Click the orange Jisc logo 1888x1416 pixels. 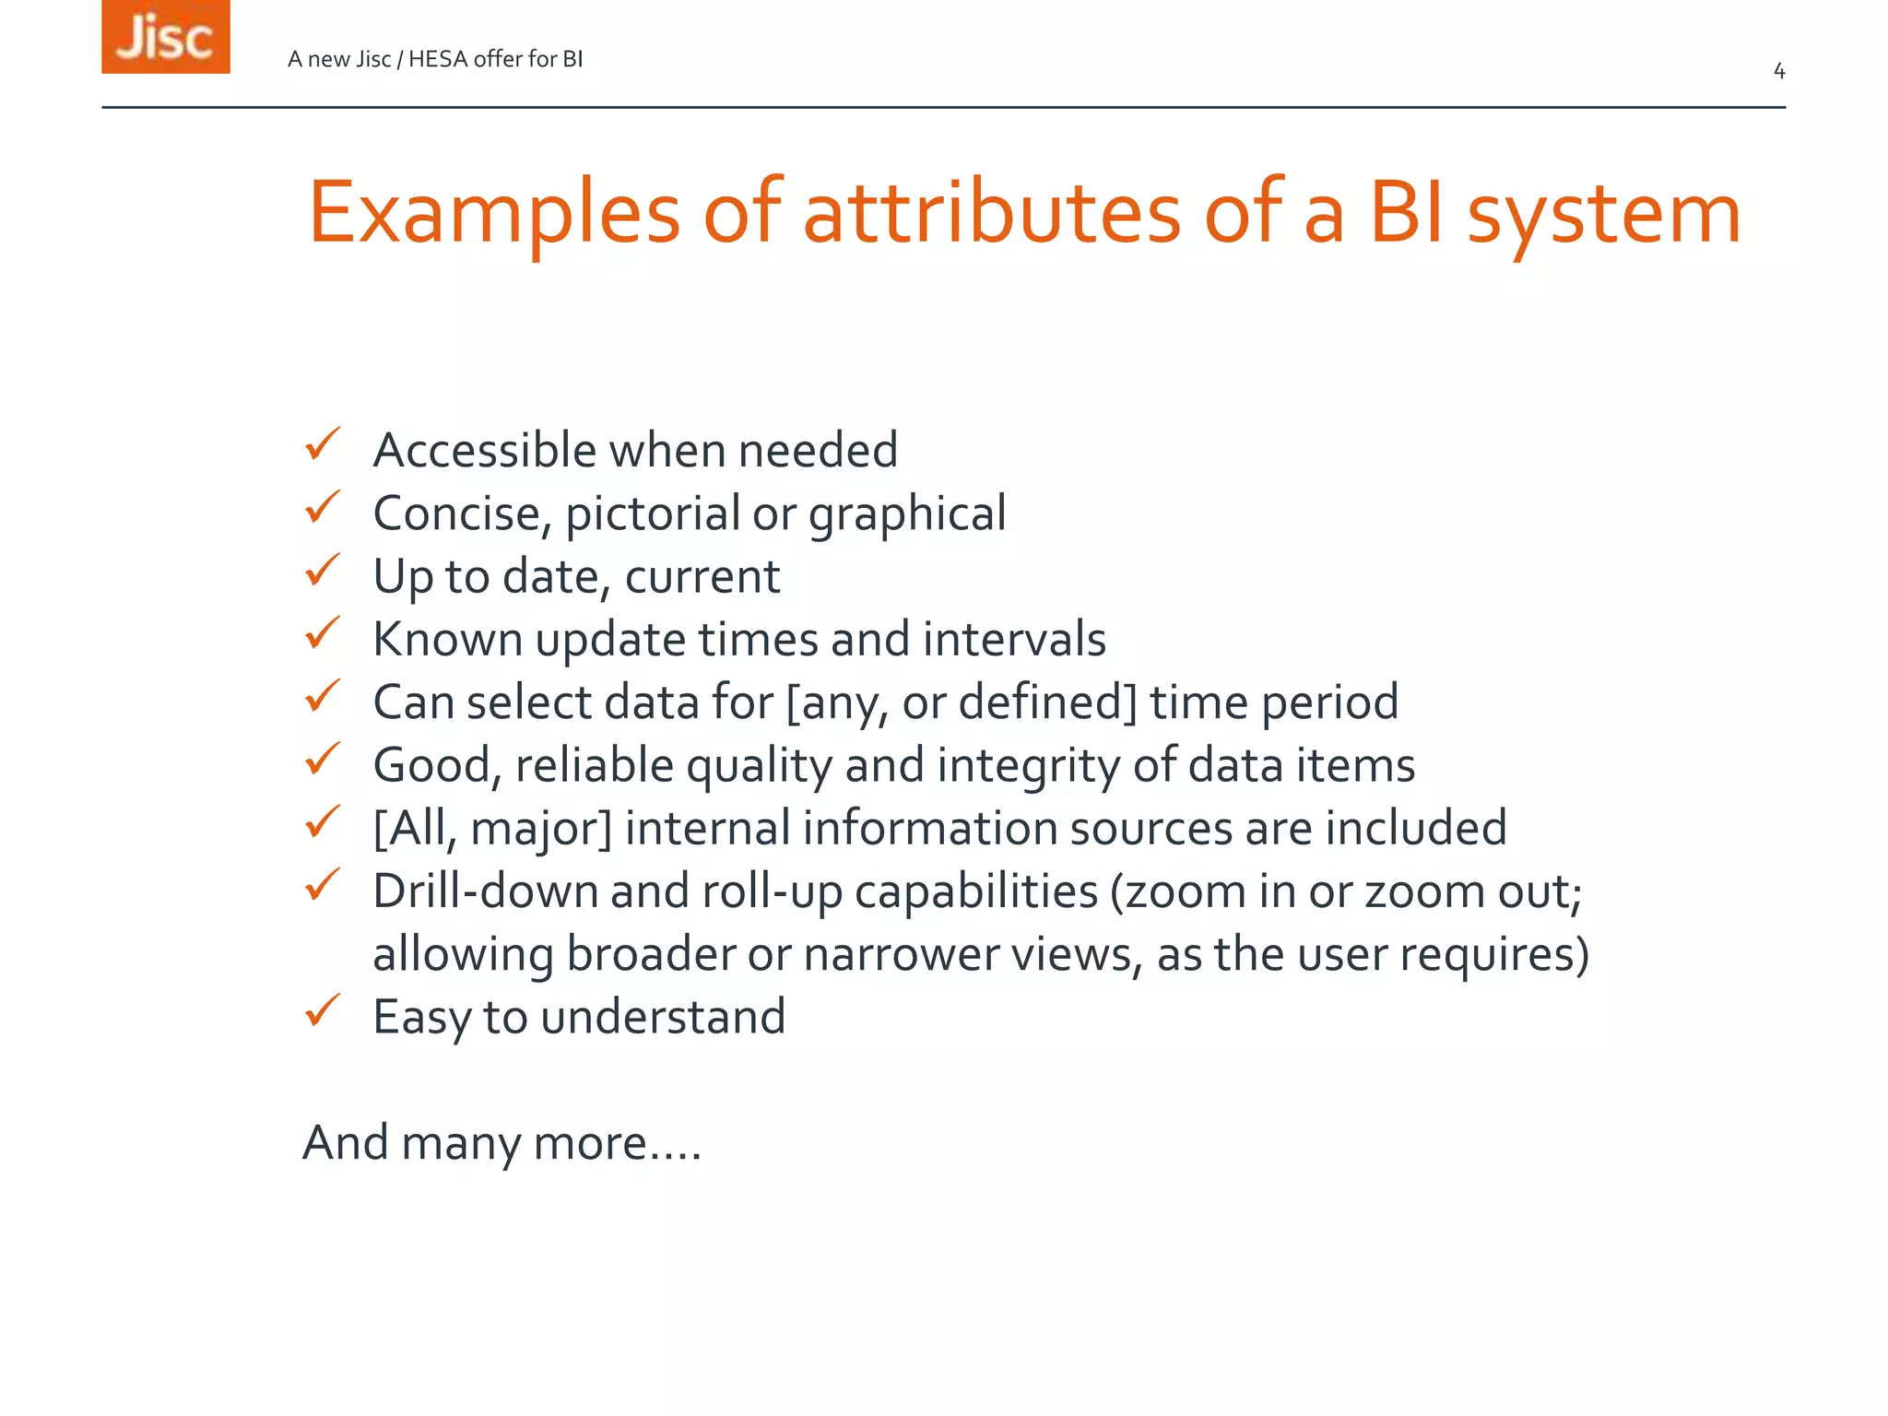[x=166, y=37]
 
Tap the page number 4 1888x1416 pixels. [x=1779, y=71]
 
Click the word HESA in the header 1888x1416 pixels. [x=437, y=59]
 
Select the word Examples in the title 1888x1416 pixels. [x=493, y=214]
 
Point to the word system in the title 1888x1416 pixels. [x=1603, y=214]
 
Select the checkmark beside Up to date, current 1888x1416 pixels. [x=323, y=571]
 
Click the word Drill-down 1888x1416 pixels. [x=485, y=891]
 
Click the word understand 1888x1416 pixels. [x=663, y=1017]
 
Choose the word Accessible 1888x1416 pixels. [x=485, y=451]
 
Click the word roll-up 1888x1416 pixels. [x=772, y=891]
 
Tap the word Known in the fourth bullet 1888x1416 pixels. [x=448, y=639]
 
